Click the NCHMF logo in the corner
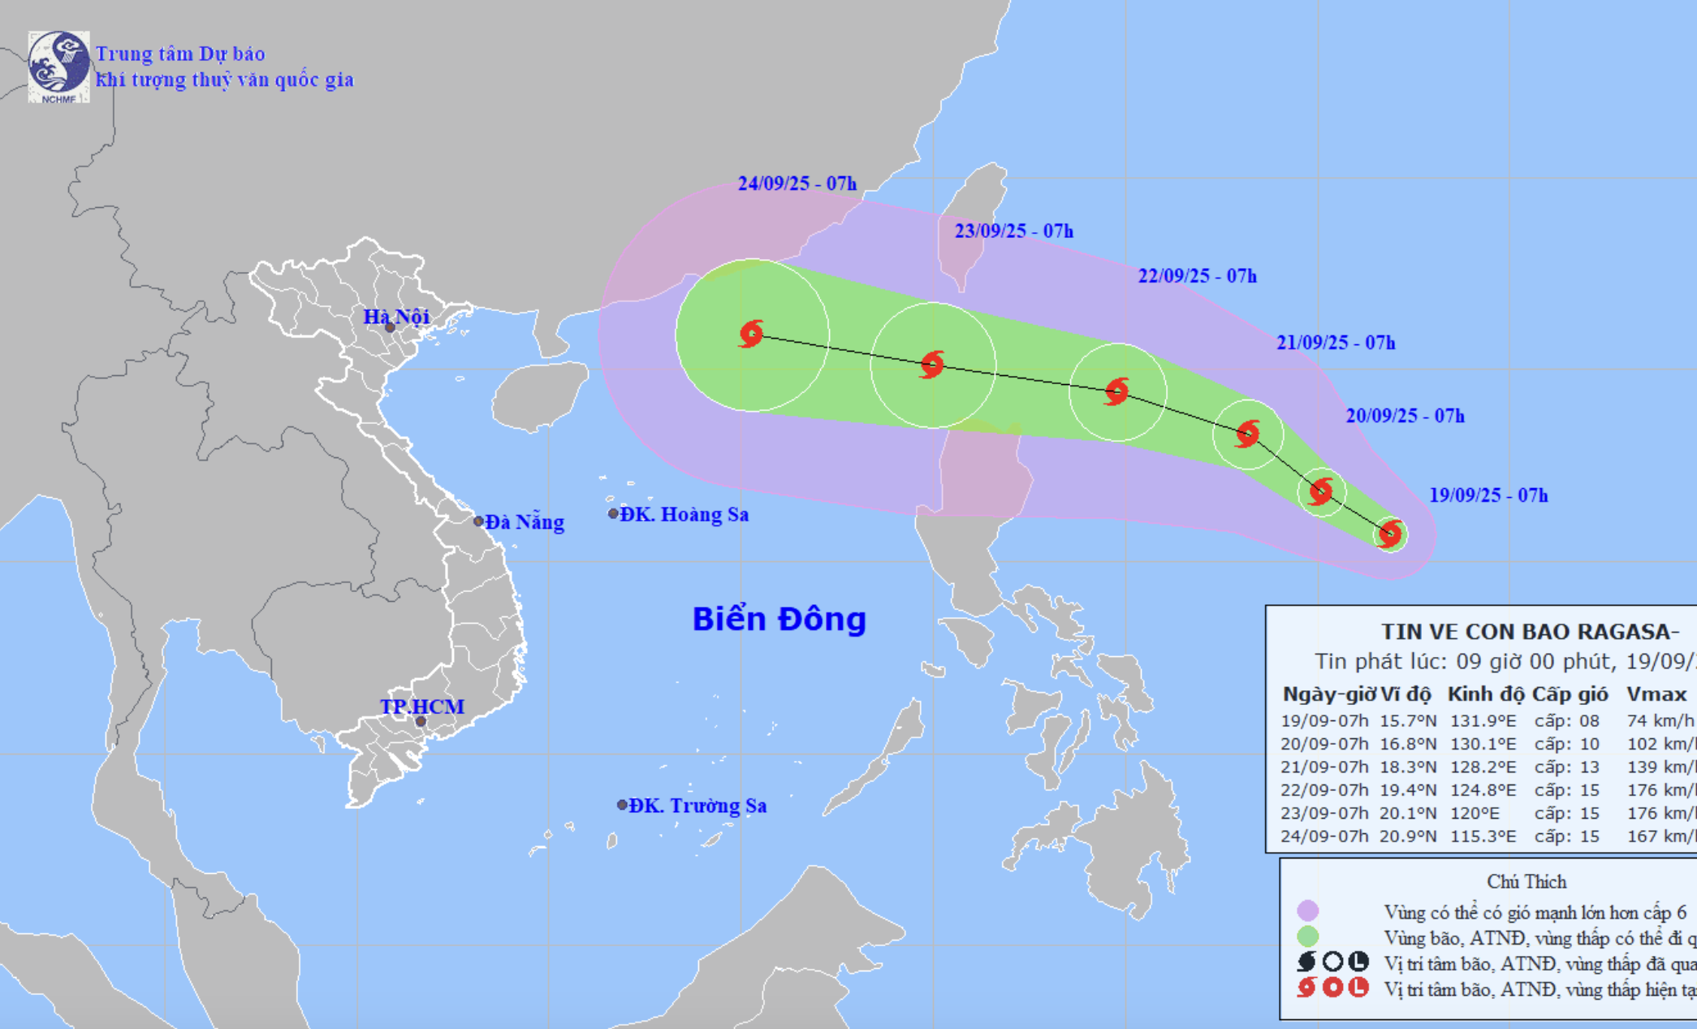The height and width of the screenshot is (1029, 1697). click(x=58, y=67)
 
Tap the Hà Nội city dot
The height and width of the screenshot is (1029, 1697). click(x=390, y=327)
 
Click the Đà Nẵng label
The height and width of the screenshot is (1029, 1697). click(x=525, y=521)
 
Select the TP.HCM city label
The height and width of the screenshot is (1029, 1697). click(x=422, y=707)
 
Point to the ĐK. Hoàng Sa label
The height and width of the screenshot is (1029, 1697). click(x=684, y=514)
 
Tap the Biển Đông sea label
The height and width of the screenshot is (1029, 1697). click(x=779, y=619)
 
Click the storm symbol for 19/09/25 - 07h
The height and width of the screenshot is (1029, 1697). click(x=1390, y=534)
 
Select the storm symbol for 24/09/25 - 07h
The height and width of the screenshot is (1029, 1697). click(x=752, y=334)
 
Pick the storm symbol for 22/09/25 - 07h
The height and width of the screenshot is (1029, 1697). click(x=1117, y=391)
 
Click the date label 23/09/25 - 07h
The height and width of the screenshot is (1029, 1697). click(x=1013, y=231)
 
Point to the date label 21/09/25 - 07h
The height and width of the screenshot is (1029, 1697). click(x=1336, y=343)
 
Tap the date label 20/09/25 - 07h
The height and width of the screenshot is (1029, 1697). click(x=1405, y=416)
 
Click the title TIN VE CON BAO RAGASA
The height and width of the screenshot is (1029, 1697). click(x=1530, y=631)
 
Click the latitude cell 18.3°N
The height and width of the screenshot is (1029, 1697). click(x=1408, y=767)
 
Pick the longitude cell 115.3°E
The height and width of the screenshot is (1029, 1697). click(x=1483, y=836)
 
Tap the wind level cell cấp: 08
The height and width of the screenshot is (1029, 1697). click(x=1566, y=720)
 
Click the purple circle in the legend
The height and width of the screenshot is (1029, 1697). click(x=1307, y=911)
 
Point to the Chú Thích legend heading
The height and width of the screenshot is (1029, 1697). click(x=1526, y=882)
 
